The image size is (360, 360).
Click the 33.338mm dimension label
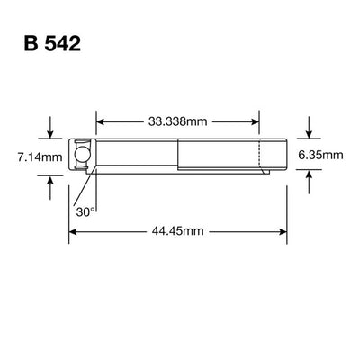[178, 120]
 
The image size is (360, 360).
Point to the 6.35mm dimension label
[322, 155]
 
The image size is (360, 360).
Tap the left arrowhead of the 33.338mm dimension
[101, 120]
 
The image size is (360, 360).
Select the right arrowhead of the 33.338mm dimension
[256, 120]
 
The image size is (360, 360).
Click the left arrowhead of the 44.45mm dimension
[75, 231]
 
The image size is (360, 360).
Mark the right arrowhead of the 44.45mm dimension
[283, 231]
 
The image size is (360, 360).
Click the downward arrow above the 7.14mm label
[50, 132]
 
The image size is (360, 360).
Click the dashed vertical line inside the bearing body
[260, 155]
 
